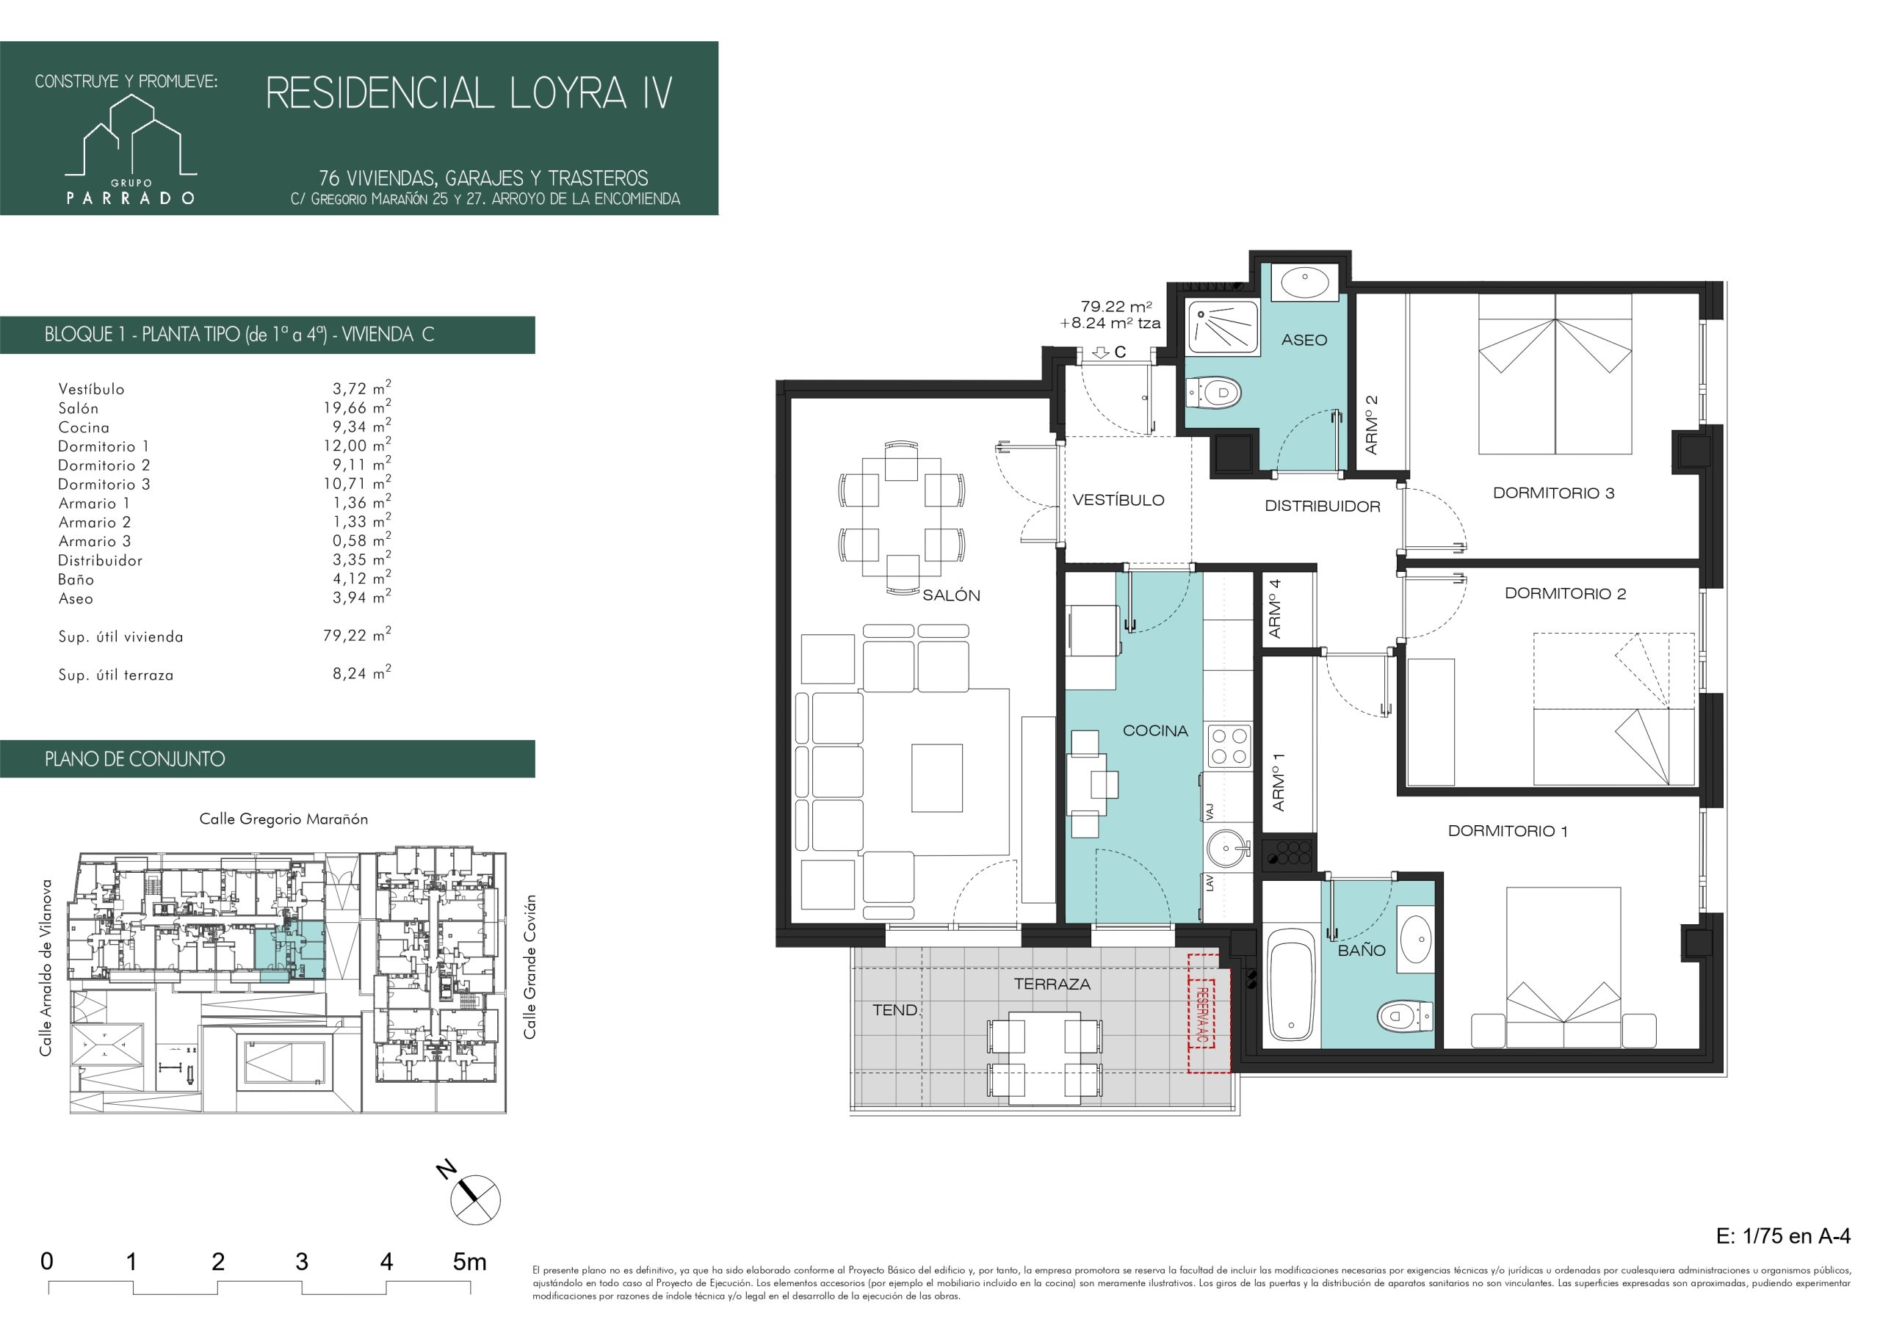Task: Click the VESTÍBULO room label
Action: tap(1118, 500)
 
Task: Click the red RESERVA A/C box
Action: tap(1204, 1013)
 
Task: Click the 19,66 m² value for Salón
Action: tap(357, 407)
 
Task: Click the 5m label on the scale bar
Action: tap(469, 1262)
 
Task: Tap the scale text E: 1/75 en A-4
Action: tap(1783, 1236)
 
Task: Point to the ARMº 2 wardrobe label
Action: tap(1372, 425)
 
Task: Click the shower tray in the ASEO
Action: tap(1223, 327)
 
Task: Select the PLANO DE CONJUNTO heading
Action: tap(135, 759)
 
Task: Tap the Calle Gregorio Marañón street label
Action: tap(283, 819)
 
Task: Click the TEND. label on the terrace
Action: tap(895, 1010)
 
